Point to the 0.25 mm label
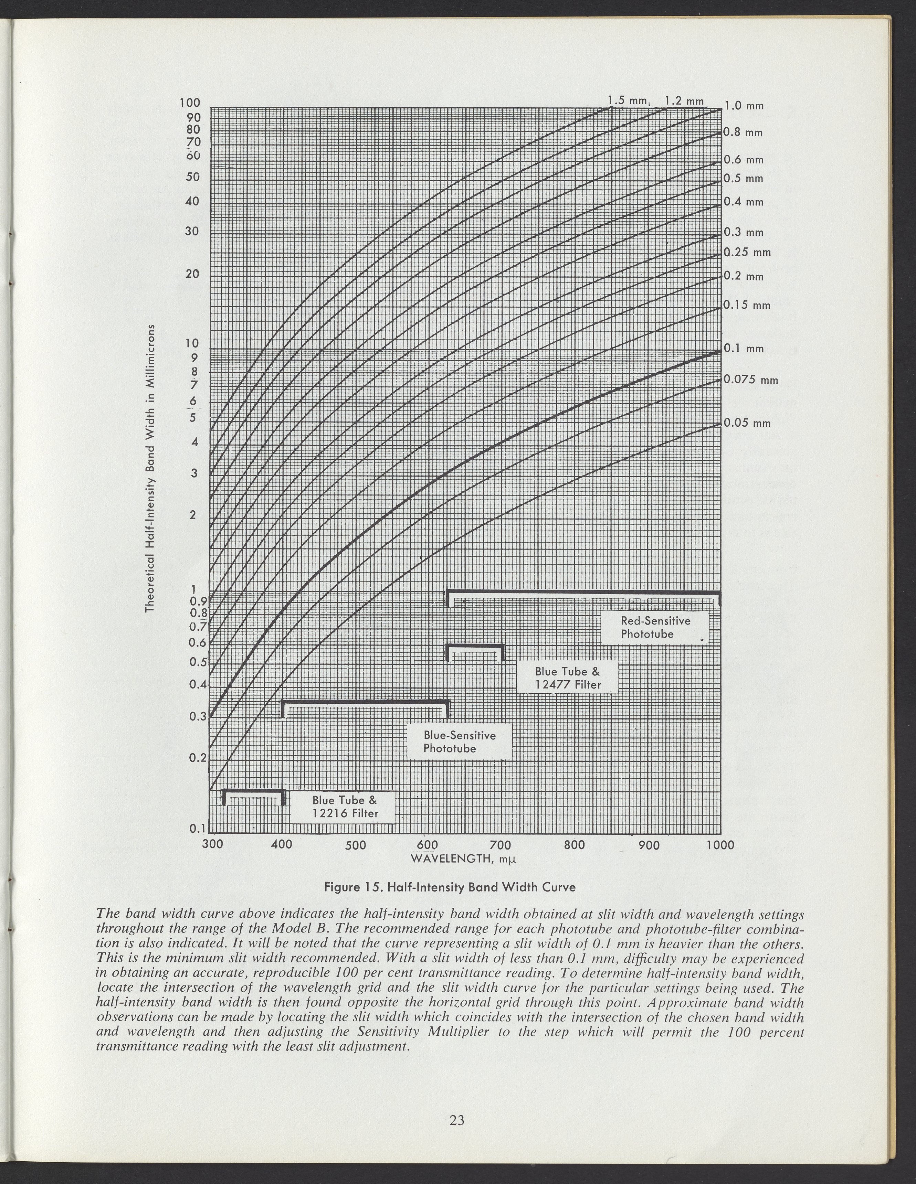(747, 252)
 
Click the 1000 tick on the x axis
(720, 845)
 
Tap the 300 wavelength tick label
(211, 845)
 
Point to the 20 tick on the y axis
(192, 274)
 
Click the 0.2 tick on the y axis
(195, 758)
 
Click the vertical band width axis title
(151, 468)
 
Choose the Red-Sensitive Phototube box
(655, 627)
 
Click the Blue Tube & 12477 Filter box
(567, 678)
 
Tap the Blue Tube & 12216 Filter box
(344, 807)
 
